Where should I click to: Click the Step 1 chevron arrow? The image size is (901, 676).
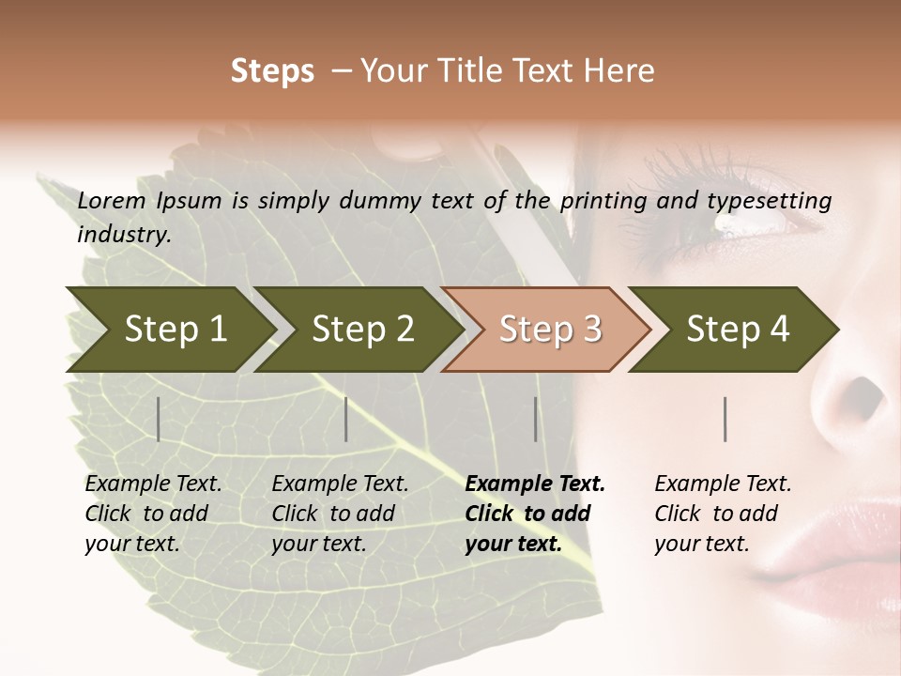[169, 330]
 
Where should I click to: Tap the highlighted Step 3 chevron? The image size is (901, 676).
[547, 330]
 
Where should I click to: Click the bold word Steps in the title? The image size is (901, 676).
[272, 70]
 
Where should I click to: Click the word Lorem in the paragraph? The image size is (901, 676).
[112, 200]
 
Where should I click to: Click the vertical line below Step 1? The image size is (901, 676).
[159, 419]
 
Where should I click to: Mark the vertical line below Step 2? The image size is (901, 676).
[346, 419]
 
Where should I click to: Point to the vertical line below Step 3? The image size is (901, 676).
[536, 419]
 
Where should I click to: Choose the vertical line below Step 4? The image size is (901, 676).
[725, 419]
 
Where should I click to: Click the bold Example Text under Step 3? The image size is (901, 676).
[535, 484]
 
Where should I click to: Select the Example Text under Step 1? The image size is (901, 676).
[153, 484]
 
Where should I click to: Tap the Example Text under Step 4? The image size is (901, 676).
[723, 484]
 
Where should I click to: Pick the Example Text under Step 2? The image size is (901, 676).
[340, 484]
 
